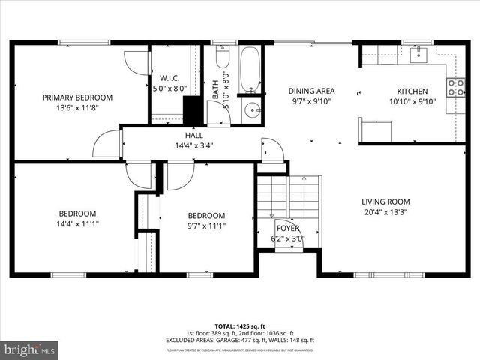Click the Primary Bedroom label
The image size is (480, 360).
pyautogui.click(x=77, y=97)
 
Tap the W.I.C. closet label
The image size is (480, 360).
pyautogui.click(x=169, y=77)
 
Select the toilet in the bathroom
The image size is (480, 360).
pyautogui.click(x=223, y=58)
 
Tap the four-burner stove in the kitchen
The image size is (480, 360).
pyautogui.click(x=455, y=87)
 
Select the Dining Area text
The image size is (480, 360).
pyautogui.click(x=311, y=91)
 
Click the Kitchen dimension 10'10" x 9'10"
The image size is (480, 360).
pyautogui.click(x=412, y=101)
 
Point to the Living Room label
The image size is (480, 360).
pyautogui.click(x=385, y=201)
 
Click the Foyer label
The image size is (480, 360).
pyautogui.click(x=287, y=229)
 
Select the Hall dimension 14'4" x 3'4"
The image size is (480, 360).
pyautogui.click(x=194, y=146)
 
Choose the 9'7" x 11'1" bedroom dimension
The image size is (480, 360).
pyautogui.click(x=206, y=226)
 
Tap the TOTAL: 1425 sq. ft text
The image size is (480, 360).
pyautogui.click(x=240, y=326)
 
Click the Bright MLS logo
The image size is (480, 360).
pyautogui.click(x=30, y=349)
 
